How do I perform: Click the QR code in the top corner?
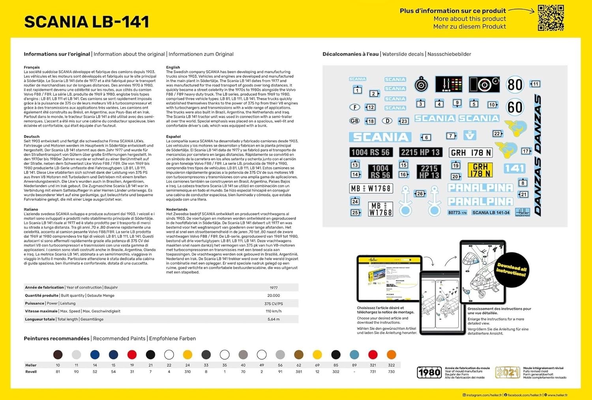point(551,18)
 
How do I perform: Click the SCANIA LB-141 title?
point(87,22)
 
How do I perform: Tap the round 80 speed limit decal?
point(515,84)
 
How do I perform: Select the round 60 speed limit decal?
point(515,107)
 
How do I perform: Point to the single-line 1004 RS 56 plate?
point(370,152)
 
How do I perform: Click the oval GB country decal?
point(354,121)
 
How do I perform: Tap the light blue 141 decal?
point(515,168)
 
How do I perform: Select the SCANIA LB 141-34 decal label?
point(491,213)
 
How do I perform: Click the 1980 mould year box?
point(429,372)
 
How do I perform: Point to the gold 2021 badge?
point(508,372)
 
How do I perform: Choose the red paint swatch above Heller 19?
point(132,355)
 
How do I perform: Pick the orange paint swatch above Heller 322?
point(391,355)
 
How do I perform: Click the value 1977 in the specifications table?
point(274,288)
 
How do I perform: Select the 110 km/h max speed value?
point(274,311)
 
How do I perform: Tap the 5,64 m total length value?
point(274,319)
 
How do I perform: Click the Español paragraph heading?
point(173,136)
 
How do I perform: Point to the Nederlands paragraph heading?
point(176,209)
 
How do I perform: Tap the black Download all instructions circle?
point(511,270)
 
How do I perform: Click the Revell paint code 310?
point(187,372)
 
